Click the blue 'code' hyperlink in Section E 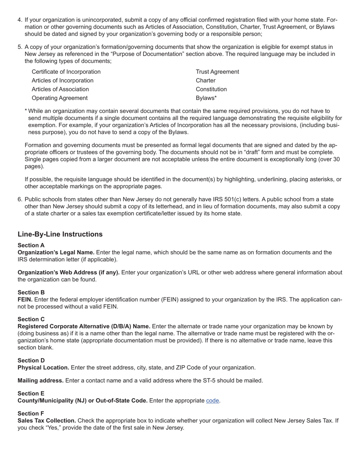click(x=212, y=400)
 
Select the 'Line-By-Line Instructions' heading click(x=60, y=234)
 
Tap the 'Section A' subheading click(x=31, y=245)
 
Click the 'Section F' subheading click(x=31, y=413)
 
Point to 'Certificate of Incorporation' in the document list click(x=66, y=72)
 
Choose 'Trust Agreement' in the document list click(x=217, y=72)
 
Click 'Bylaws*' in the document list click(x=206, y=98)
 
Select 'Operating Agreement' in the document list click(x=59, y=98)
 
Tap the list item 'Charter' click(x=205, y=80)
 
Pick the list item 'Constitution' click(x=211, y=89)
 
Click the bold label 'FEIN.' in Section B click(x=25, y=300)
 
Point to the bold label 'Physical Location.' click(x=43, y=367)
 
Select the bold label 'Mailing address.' click(x=41, y=380)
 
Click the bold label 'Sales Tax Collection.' click(x=47, y=421)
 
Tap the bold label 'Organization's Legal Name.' click(x=56, y=252)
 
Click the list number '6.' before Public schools click(x=20, y=199)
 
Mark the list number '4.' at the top click(x=20, y=20)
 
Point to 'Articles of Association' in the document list click(x=60, y=89)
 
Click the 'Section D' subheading click(x=31, y=360)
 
